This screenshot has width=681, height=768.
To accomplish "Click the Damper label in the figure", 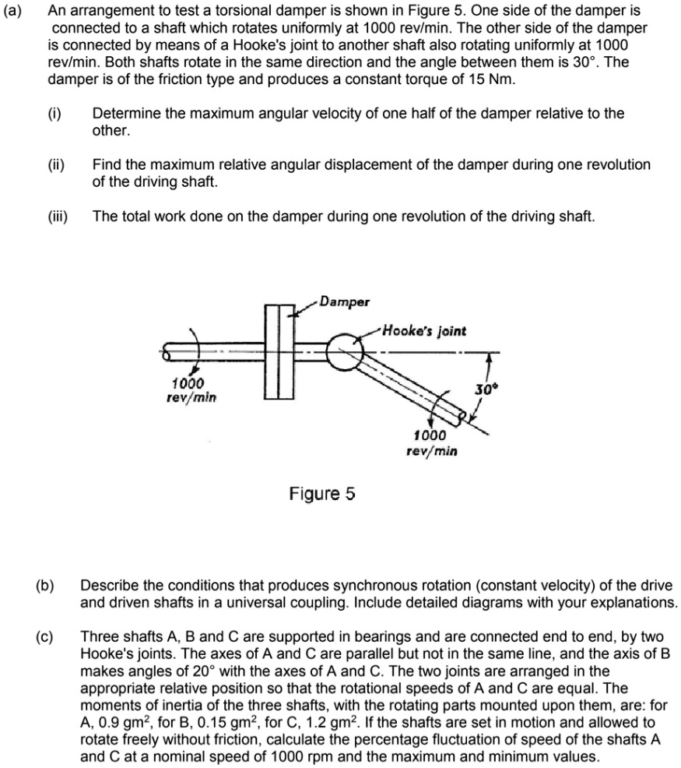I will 348,301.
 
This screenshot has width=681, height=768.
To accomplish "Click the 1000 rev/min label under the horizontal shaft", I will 190,390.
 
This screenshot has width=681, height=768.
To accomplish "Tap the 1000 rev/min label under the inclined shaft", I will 430,442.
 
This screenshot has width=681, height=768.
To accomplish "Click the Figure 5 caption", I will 322,493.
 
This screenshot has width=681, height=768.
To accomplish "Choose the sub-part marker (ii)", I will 56,164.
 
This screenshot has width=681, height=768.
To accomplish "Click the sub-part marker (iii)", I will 58,216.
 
